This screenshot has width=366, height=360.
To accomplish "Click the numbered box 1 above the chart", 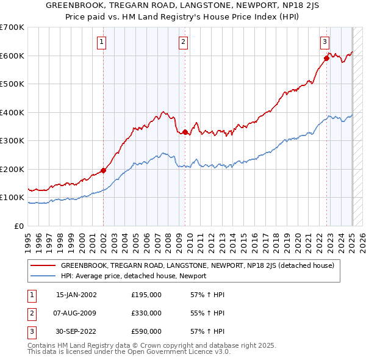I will [101, 42].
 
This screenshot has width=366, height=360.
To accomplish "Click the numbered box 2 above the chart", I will [184, 42].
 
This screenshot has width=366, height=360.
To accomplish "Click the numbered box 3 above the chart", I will [325, 42].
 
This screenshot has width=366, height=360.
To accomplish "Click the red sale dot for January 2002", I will [103, 171].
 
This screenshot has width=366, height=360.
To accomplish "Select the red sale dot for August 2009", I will [185, 132].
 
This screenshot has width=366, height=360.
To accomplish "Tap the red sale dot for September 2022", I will [326, 59].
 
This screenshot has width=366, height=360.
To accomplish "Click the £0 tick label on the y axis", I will [20, 226].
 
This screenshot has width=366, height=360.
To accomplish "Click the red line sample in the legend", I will [43, 266].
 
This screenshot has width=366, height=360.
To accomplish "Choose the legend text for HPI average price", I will [134, 276].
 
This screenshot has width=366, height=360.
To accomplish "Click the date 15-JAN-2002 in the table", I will [76, 295].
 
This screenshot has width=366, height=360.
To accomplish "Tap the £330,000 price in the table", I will [146, 313].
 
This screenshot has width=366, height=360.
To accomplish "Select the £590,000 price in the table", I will [146, 331].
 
